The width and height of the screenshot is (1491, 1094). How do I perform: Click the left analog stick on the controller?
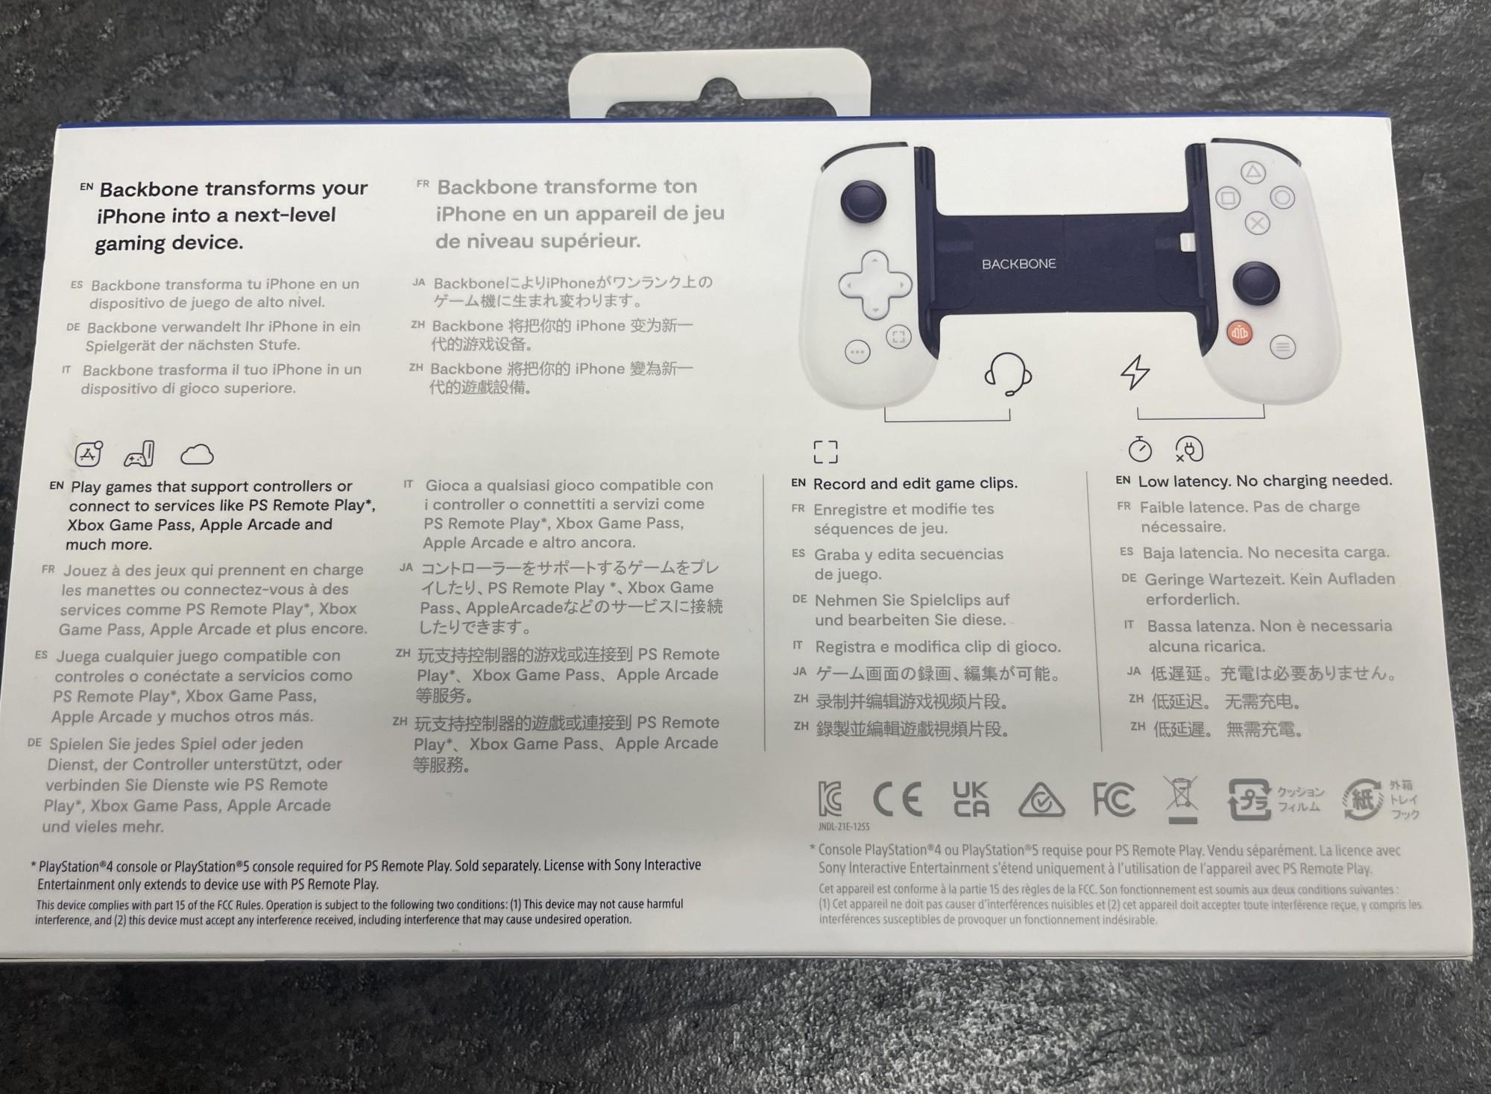click(863, 200)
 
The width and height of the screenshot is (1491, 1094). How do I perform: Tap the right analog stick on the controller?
click(1255, 283)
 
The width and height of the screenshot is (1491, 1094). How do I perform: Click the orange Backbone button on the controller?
click(1239, 333)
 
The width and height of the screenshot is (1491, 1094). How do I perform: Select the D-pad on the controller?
click(874, 284)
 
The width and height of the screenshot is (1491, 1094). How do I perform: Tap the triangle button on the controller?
click(1252, 173)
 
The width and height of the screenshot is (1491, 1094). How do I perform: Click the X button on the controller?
click(1258, 222)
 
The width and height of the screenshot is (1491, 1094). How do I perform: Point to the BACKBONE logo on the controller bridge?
click(1018, 264)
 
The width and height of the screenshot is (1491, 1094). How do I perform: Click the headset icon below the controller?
click(1007, 373)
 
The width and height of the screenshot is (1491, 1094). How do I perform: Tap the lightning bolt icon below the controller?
click(1135, 371)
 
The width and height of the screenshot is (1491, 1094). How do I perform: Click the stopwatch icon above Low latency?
click(1140, 449)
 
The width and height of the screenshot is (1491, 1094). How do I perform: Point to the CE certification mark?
click(898, 799)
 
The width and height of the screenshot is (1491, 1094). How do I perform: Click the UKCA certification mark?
click(971, 799)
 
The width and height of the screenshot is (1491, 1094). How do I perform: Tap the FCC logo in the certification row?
click(1114, 799)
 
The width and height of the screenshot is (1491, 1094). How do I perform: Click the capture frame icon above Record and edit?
click(825, 451)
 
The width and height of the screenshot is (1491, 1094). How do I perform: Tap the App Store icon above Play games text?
click(89, 453)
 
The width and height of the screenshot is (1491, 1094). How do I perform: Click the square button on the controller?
click(1228, 198)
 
